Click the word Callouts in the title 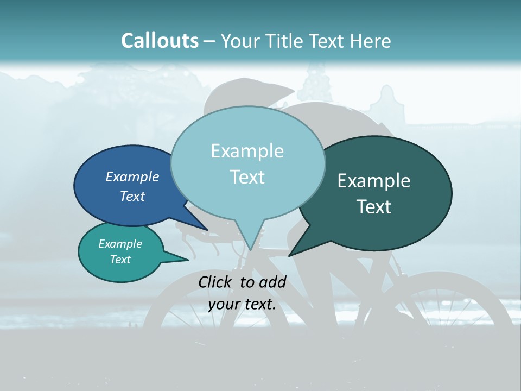point(160,41)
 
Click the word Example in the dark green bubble point(374,181)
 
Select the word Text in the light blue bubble point(247,177)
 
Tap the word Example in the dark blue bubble point(132,177)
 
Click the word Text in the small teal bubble point(120,260)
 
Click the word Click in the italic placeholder point(216,282)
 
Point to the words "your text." point(242,304)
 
